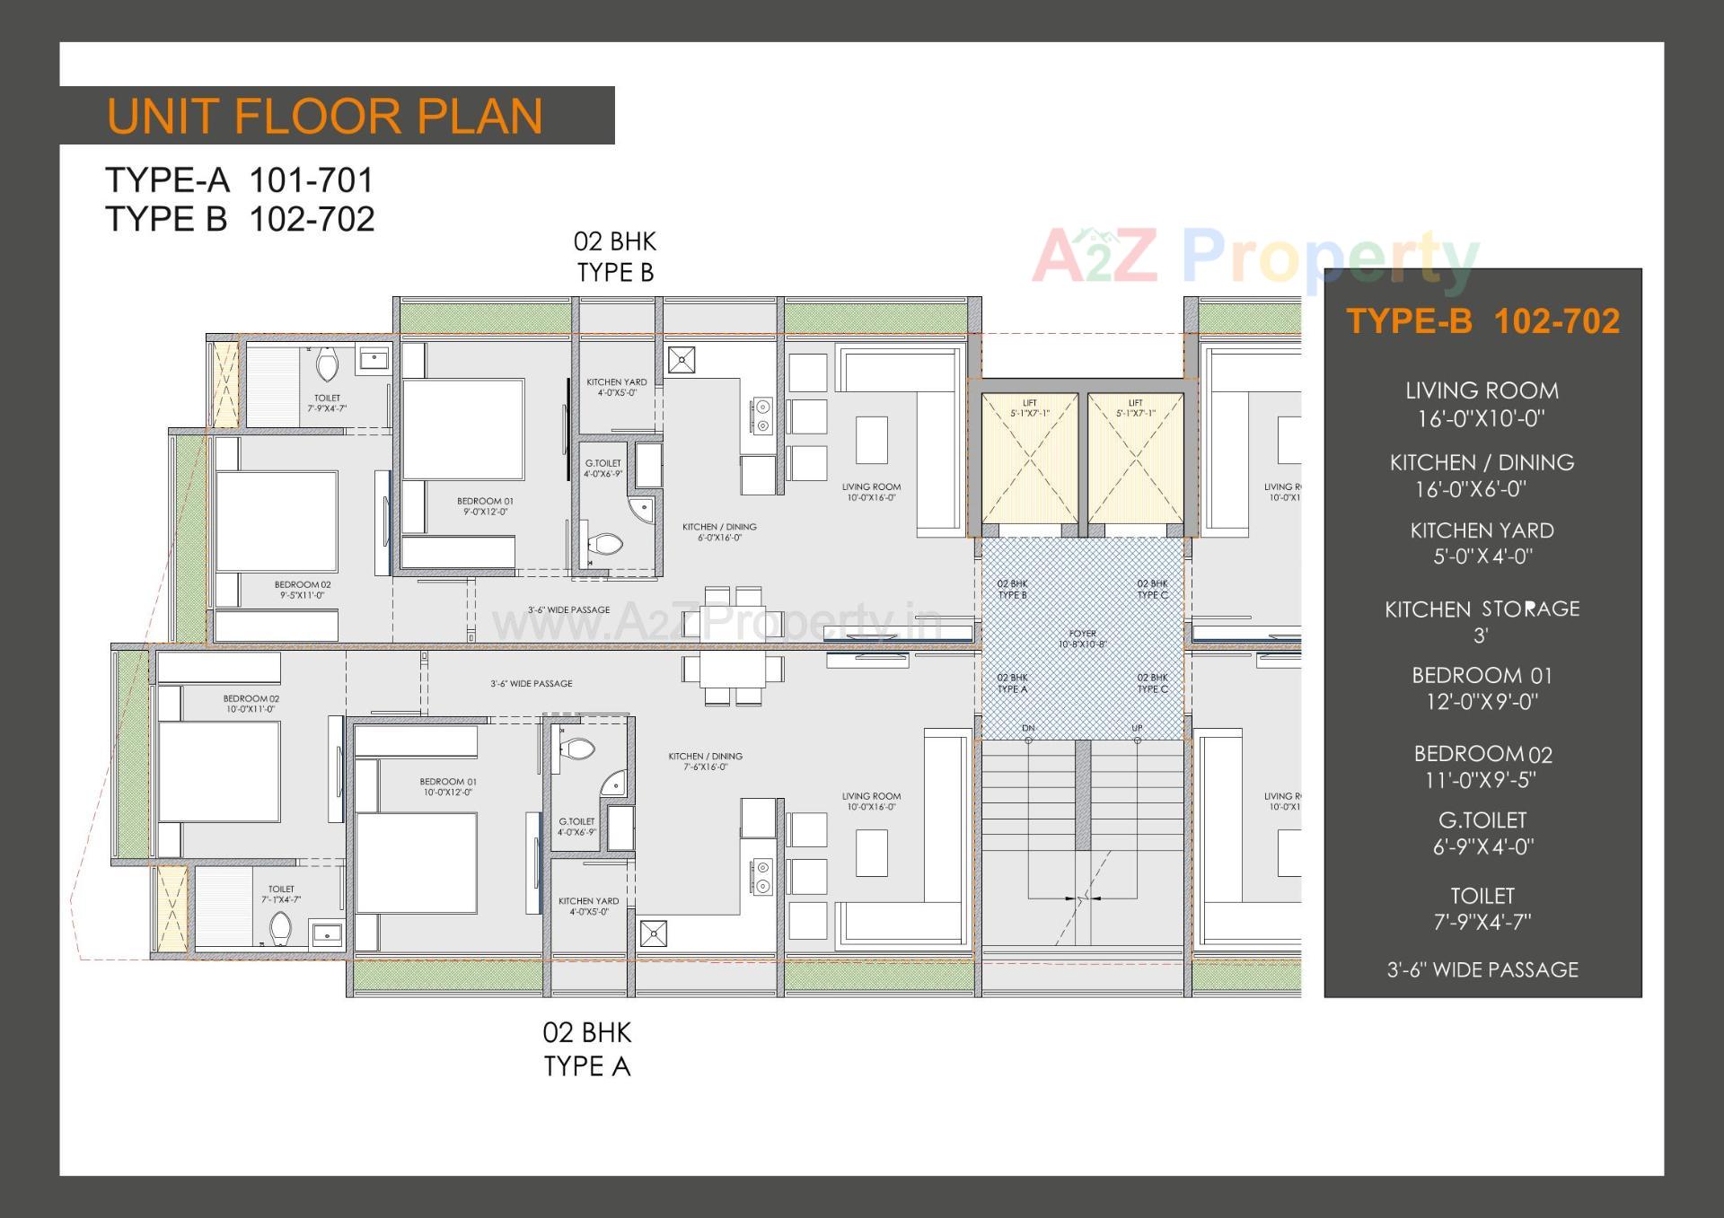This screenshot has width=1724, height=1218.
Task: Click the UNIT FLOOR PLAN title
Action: pos(325,117)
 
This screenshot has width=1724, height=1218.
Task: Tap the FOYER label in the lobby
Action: pos(1082,638)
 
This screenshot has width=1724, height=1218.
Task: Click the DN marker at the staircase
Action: pos(1028,729)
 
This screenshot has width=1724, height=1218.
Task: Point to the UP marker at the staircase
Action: pos(1137,729)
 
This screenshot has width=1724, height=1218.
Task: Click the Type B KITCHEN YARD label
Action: pos(616,387)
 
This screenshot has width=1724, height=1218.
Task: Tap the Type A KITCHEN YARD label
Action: pos(588,906)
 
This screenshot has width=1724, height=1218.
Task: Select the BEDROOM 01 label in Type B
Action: pos(485,506)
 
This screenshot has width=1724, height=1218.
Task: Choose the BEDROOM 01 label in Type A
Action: pos(447,787)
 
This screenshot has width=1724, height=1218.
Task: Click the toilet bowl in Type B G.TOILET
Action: pos(608,544)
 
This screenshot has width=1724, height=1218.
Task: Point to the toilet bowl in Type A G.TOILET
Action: pos(577,748)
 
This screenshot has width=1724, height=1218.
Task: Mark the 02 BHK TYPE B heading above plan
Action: pos(615,257)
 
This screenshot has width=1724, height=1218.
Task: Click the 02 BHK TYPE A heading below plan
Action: pos(587,1049)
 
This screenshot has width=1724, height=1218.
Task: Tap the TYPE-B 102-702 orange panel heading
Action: pos(1482,321)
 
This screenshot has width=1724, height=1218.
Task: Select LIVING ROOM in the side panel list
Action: pos(1482,404)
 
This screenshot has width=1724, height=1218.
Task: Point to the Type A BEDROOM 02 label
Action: pos(251,704)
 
